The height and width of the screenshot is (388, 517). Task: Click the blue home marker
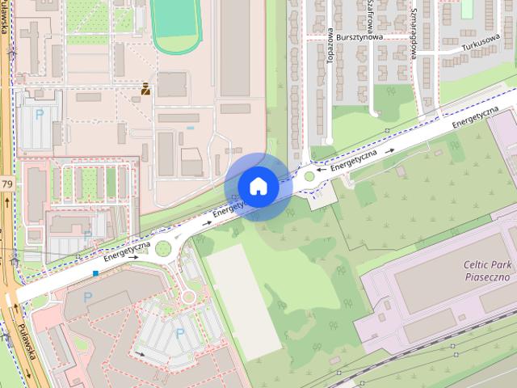258,186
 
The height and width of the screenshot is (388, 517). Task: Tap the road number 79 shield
6,184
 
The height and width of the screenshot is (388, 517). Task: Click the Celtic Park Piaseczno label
487,270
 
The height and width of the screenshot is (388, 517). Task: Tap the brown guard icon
145,88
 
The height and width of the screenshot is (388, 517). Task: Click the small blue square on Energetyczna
95,273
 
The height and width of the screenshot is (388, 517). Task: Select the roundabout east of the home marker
310,175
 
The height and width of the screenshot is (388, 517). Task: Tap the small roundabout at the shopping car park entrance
187,296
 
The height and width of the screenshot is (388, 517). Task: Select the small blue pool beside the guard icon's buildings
190,127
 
